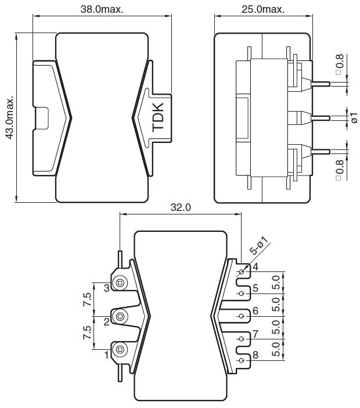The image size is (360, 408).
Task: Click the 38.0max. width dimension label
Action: pos(102,9)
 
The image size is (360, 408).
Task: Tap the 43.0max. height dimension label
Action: pos(10,118)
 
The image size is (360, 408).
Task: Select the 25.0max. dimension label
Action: pos(263,9)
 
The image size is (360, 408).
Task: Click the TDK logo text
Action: pos(158,117)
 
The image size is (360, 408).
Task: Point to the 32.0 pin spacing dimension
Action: pos(181,207)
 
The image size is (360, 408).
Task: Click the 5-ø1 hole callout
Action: pos(259,245)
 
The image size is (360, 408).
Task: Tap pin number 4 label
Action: pos(255,266)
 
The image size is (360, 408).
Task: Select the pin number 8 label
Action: pos(255,355)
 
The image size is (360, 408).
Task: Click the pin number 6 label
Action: pos(255,310)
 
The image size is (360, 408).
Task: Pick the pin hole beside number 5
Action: pos(242,294)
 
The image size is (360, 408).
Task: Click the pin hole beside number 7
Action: pos(242,339)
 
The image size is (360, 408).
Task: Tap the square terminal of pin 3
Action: pos(120,283)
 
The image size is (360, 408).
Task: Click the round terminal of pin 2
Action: pos(120,316)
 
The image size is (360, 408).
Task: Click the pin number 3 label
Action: pos(107,288)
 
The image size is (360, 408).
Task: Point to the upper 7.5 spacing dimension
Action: pos(87,299)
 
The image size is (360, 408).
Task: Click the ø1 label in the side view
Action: pos(354,118)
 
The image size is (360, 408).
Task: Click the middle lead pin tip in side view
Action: pos(329,118)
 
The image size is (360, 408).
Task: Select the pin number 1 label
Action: pos(106,355)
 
